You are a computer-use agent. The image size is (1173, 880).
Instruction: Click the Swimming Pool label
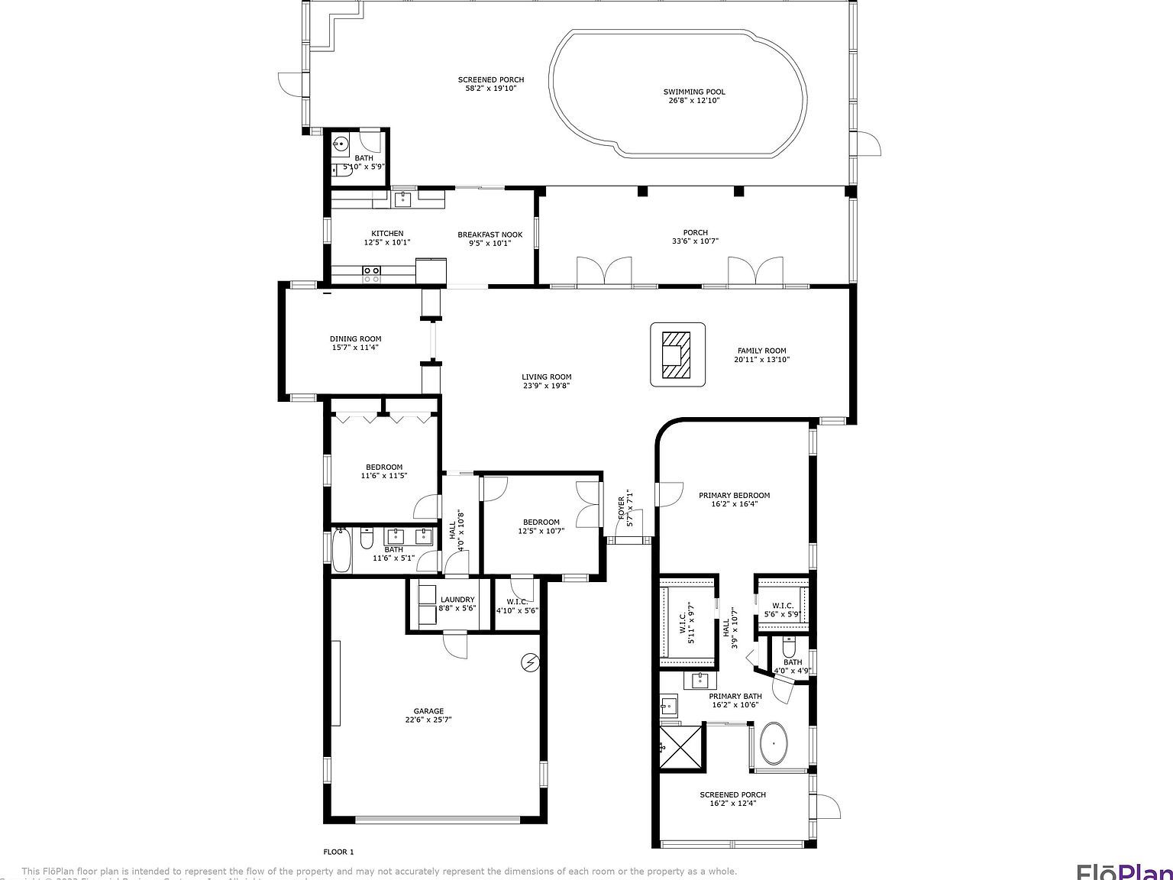(693, 92)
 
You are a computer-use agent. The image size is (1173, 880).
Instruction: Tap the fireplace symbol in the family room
(677, 354)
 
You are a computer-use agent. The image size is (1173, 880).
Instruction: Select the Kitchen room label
(387, 234)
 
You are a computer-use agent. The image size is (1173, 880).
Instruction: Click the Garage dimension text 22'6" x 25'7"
(428, 720)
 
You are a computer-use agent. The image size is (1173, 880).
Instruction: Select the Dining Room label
(355, 338)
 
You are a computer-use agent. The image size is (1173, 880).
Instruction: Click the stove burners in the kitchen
(372, 274)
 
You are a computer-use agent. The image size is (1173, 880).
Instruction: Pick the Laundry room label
(457, 600)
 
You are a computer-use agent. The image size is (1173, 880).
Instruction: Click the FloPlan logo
(1123, 871)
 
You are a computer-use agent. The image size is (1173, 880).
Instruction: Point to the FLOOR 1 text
(338, 852)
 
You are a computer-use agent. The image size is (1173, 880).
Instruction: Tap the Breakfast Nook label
(490, 235)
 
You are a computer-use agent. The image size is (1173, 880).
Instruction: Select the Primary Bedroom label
(734, 495)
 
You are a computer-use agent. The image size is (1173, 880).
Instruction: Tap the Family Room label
(761, 351)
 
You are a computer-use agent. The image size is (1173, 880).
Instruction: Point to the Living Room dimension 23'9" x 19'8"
(547, 386)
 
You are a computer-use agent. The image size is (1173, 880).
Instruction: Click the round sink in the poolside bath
(341, 143)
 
